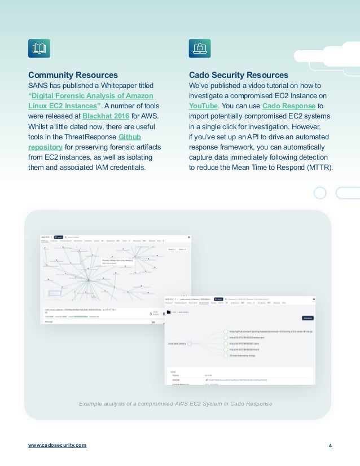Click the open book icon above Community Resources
pos(39,49)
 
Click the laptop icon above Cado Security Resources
pos(200,49)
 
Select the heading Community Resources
pos(73,75)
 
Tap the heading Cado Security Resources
pos(239,75)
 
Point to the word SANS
pos(38,85)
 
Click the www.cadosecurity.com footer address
pos(58,445)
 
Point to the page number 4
pos(330,445)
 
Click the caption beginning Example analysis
pos(175,404)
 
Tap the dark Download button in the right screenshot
pos(308,318)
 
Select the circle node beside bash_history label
pos(190,342)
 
